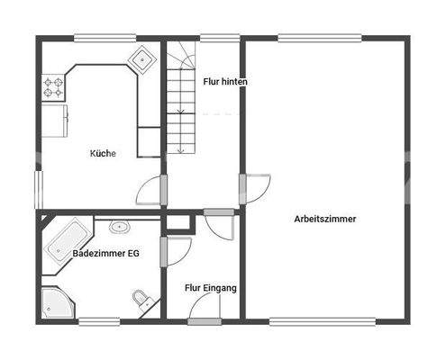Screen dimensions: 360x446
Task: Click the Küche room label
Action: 102,153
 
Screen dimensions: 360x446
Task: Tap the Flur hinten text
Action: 225,81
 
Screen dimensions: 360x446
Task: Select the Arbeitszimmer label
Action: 324,219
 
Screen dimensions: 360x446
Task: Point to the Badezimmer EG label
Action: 105,254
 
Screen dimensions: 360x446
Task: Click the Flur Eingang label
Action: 210,288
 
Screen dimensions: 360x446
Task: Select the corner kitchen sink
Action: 142,60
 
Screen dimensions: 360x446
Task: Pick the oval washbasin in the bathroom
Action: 118,227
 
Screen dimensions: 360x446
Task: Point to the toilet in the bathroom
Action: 141,299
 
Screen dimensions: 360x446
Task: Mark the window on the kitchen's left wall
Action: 38,189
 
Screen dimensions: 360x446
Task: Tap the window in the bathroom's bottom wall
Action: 100,321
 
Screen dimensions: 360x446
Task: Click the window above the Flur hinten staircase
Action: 213,38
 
